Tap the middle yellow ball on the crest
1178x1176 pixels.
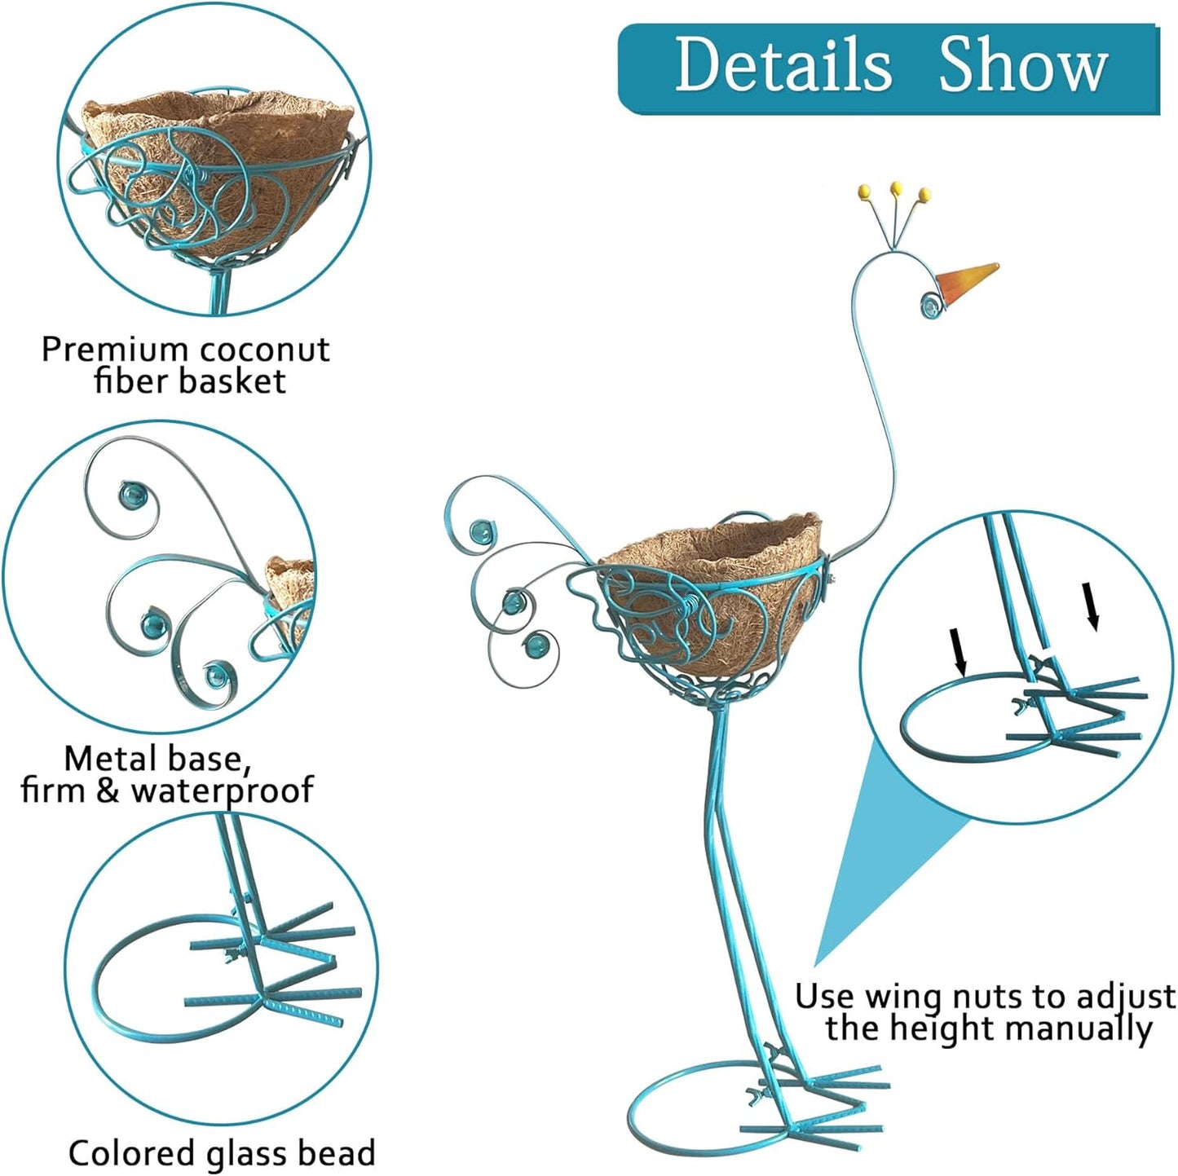[896, 187]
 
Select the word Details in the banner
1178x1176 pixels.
[783, 65]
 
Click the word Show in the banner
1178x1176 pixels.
[1023, 65]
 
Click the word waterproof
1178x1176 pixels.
[223, 791]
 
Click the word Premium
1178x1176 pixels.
[115, 350]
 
